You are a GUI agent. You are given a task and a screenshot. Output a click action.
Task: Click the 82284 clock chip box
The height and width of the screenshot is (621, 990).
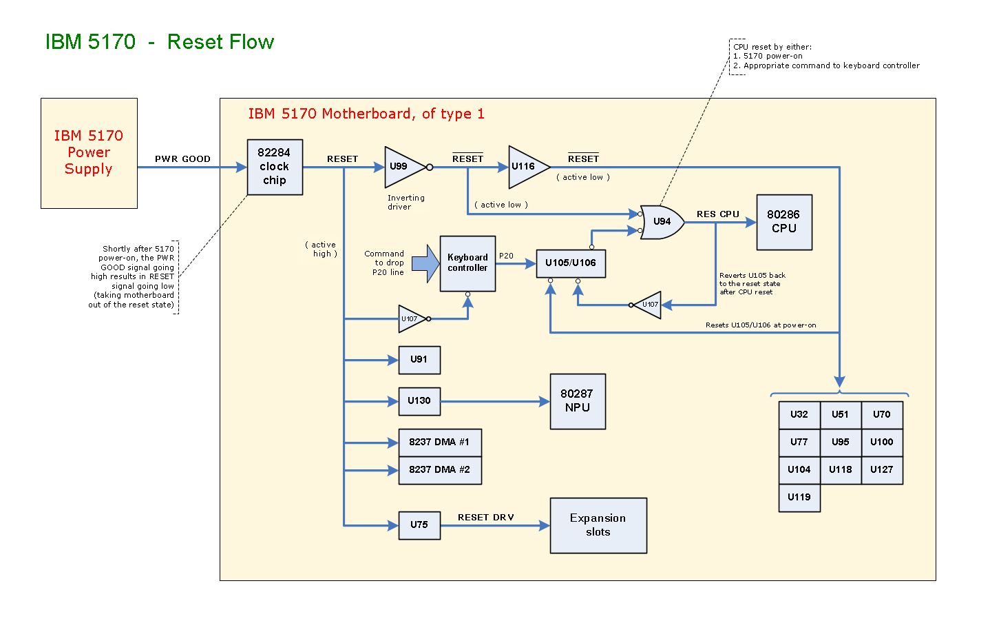[x=275, y=167]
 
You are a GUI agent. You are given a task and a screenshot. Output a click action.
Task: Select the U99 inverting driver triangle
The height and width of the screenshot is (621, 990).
[x=402, y=167]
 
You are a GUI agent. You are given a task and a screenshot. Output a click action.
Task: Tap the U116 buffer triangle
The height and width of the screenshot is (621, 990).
[x=526, y=167]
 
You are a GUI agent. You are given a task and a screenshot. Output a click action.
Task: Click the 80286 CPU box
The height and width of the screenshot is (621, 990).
[x=784, y=222]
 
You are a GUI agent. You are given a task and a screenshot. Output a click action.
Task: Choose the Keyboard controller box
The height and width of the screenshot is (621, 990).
[x=467, y=263]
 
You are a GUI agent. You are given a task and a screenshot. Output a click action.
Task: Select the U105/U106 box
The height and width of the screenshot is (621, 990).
[x=571, y=263]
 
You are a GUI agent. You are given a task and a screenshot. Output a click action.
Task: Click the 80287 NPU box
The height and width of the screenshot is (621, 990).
[x=578, y=401]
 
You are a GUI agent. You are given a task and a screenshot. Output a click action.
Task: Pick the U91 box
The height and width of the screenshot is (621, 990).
[x=419, y=360]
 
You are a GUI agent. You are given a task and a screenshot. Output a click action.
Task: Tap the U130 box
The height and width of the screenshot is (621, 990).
[x=419, y=401]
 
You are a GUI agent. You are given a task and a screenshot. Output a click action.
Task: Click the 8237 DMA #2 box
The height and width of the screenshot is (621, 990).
[x=440, y=470]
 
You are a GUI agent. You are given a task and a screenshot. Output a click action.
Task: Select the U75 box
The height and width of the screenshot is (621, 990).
[x=419, y=525]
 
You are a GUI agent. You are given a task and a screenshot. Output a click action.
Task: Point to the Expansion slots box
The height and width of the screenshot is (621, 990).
[x=598, y=525]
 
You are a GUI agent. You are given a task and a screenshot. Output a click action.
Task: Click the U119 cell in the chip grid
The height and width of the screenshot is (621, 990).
[x=799, y=498]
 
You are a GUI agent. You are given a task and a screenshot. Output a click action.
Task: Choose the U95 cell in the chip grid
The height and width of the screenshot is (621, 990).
[x=841, y=442]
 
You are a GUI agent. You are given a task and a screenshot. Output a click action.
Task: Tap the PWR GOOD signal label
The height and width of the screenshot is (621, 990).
[x=182, y=159]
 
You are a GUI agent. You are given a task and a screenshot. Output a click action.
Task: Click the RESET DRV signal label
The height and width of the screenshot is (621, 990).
[x=486, y=518]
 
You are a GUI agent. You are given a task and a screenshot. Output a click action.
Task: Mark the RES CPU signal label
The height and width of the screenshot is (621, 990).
[x=718, y=214]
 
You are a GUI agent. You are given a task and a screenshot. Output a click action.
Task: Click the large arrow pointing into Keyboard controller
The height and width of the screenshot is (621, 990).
[x=426, y=263]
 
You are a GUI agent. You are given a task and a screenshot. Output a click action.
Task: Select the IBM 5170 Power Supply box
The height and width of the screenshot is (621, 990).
[x=89, y=153]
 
